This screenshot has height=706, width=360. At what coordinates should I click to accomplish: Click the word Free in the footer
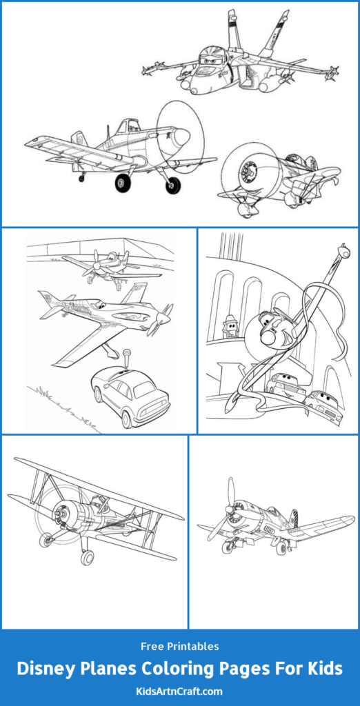(152, 647)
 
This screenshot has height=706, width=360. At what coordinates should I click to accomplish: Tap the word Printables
(193, 647)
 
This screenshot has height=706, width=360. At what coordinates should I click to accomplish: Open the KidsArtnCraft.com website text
(180, 691)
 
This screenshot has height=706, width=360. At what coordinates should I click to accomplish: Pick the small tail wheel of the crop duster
(81, 178)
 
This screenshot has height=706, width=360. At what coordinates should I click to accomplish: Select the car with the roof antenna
(130, 391)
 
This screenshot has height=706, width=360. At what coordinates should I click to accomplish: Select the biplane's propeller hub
(59, 512)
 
